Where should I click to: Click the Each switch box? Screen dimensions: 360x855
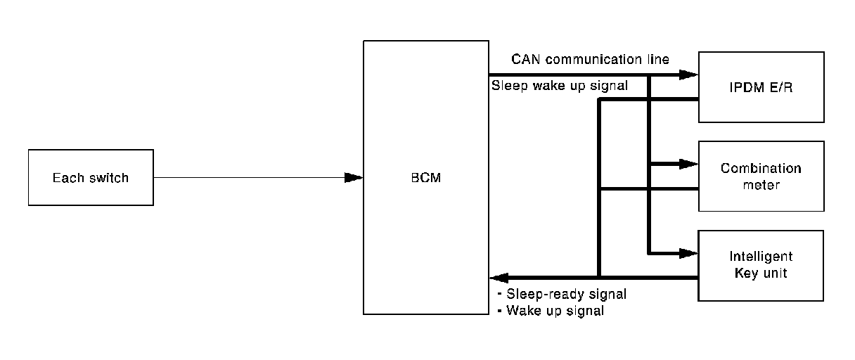coord(91,177)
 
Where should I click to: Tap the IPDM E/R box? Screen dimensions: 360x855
coord(761,87)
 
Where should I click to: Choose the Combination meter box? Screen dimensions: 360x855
coord(761,176)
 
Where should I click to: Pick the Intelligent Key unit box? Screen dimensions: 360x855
coord(761,265)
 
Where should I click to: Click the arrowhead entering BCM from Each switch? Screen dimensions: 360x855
coord(354,178)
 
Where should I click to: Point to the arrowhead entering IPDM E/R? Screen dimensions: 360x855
coord(688,75)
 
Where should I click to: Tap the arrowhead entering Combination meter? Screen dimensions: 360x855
coord(688,165)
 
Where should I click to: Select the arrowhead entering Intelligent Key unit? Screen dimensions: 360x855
coord(688,253)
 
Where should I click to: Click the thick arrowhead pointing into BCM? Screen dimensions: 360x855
coord(499,277)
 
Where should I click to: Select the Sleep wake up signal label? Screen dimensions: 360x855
coord(560,86)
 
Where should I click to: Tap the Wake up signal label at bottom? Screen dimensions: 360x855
coord(550,310)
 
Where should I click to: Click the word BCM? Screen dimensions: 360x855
coord(426,178)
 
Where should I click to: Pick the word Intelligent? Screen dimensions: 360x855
coord(761,257)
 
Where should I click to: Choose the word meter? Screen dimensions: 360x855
coord(761,185)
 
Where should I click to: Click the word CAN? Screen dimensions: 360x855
coord(525,59)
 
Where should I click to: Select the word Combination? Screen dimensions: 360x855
coord(761,169)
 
